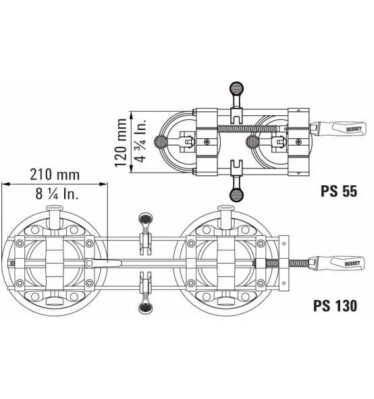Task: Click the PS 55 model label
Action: click(339, 191)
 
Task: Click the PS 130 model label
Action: click(335, 305)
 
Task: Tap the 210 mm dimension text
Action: click(55, 175)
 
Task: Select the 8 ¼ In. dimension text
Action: click(57, 193)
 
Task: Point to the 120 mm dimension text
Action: click(121, 143)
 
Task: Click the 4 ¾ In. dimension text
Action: click(140, 140)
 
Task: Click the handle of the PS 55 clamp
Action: click(338, 129)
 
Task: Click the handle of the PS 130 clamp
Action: click(336, 264)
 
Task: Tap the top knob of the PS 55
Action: click(236, 88)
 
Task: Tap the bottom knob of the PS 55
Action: click(236, 195)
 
